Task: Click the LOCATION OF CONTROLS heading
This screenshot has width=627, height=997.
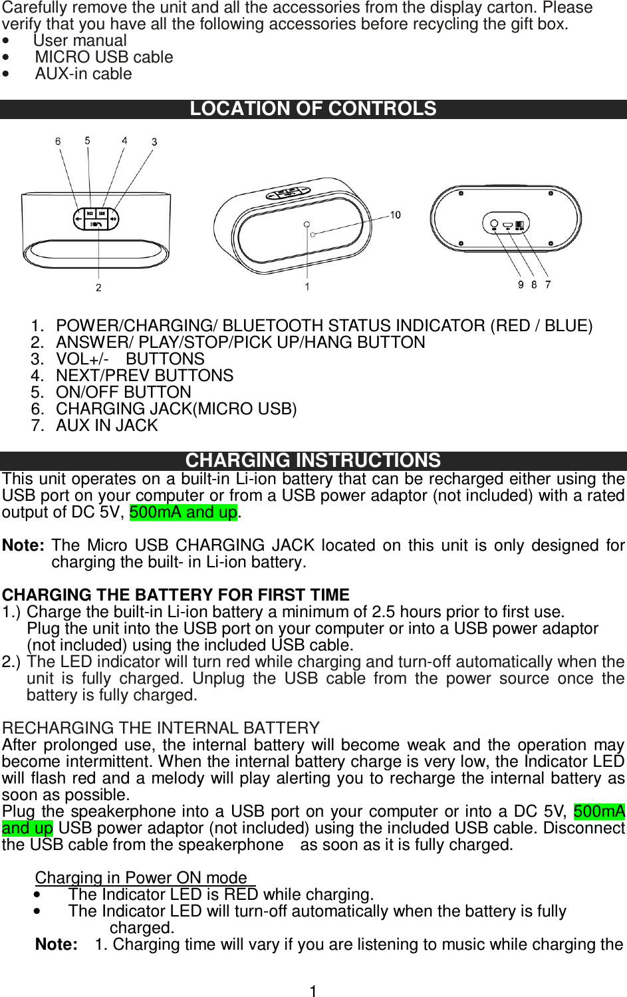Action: [x=313, y=109]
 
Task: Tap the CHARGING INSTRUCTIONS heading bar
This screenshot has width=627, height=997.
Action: [x=313, y=460]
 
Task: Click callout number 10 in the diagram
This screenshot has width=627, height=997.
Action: [x=395, y=215]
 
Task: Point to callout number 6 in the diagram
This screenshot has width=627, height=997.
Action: [x=58, y=141]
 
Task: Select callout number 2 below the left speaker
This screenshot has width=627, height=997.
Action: [x=98, y=287]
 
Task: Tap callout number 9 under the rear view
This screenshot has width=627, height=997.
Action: [x=521, y=285]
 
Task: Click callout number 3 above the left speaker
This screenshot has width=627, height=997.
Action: [x=154, y=142]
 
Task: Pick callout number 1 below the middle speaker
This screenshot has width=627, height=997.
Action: [x=307, y=287]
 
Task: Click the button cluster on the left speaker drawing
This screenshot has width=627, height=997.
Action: [x=97, y=218]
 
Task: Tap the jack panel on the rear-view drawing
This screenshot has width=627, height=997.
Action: [x=506, y=224]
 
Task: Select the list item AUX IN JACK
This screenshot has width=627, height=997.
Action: [x=106, y=426]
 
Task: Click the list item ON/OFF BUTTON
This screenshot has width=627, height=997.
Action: [x=123, y=392]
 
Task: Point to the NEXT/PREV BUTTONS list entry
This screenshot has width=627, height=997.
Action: [x=144, y=376]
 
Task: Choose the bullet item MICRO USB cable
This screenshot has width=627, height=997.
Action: [x=104, y=57]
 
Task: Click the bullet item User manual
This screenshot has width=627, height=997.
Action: [x=80, y=41]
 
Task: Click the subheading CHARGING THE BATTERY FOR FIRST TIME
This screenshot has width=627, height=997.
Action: [x=176, y=595]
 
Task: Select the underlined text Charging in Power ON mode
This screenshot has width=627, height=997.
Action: [x=141, y=878]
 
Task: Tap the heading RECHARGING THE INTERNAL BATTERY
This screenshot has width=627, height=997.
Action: [x=161, y=728]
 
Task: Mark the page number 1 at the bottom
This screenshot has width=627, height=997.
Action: [x=313, y=991]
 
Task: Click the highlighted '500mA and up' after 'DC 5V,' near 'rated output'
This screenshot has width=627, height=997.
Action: [x=183, y=512]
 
